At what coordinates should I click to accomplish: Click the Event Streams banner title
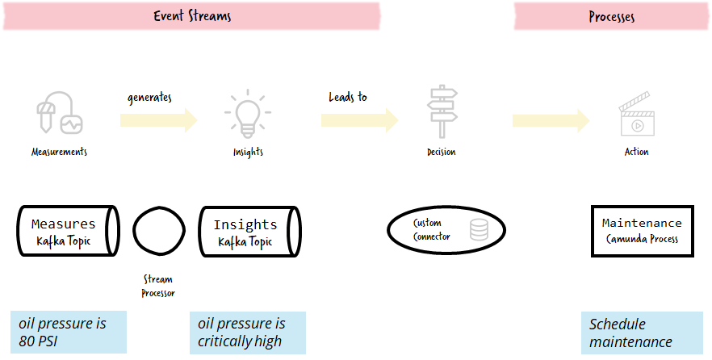(192, 16)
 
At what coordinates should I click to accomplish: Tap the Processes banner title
(612, 17)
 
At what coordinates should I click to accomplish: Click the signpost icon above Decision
(442, 111)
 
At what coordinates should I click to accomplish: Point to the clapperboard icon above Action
(637, 115)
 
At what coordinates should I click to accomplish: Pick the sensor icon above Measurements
(60, 112)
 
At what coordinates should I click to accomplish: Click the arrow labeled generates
(159, 120)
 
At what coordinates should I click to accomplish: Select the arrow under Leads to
(360, 120)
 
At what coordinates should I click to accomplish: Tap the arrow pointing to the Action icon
(551, 121)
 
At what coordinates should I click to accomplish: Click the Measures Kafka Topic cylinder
(69, 231)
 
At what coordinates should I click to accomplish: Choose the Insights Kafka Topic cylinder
(250, 232)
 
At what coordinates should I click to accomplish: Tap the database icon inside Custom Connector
(479, 230)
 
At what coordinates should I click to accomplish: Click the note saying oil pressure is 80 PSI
(69, 332)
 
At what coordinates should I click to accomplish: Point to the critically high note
(248, 333)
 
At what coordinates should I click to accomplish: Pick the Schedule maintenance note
(642, 333)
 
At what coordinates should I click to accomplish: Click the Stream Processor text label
(158, 286)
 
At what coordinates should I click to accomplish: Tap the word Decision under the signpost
(442, 152)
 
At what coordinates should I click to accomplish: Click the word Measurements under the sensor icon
(59, 152)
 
